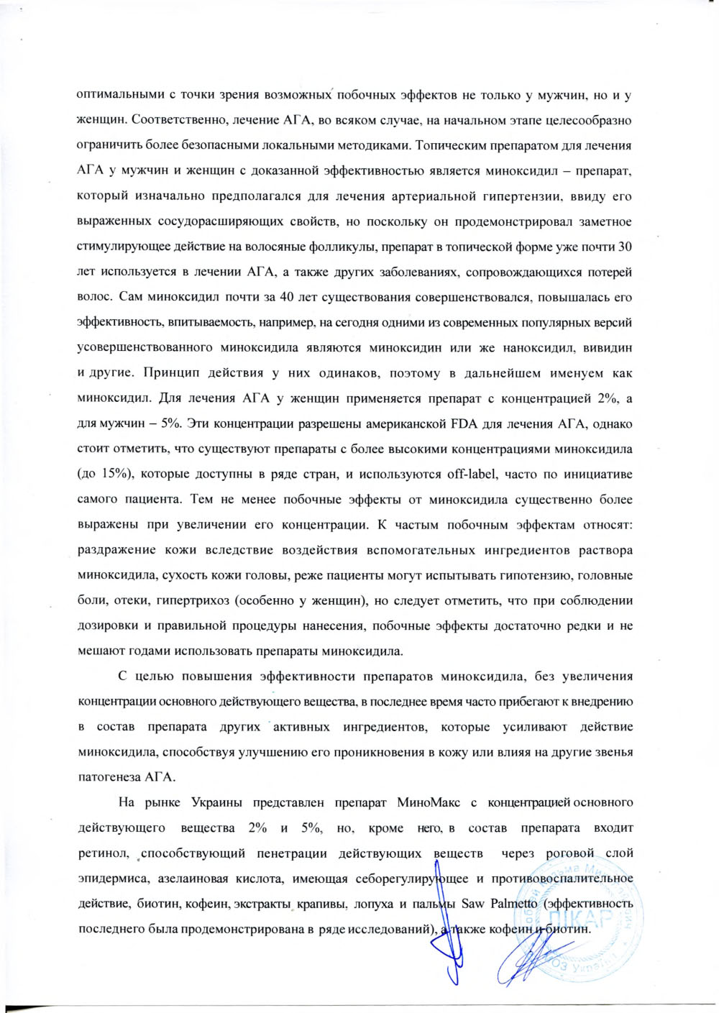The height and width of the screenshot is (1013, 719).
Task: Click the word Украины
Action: (x=216, y=802)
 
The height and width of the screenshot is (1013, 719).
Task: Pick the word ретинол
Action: (x=102, y=853)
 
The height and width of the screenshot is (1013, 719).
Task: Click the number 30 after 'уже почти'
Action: (x=625, y=247)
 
